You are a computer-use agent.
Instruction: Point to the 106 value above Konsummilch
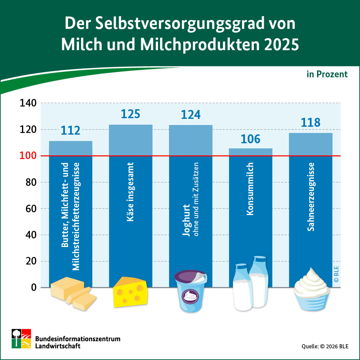tap(250, 139)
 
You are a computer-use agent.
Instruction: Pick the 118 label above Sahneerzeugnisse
tap(311, 122)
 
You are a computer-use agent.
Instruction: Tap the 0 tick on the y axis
tap(33, 288)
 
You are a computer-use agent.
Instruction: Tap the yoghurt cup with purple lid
tap(191, 290)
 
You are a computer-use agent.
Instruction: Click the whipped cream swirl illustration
tap(312, 289)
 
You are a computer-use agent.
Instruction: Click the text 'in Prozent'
tap(327, 74)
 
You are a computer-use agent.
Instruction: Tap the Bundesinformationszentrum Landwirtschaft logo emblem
tap(21, 338)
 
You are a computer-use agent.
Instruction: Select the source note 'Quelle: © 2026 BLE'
tap(325, 346)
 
